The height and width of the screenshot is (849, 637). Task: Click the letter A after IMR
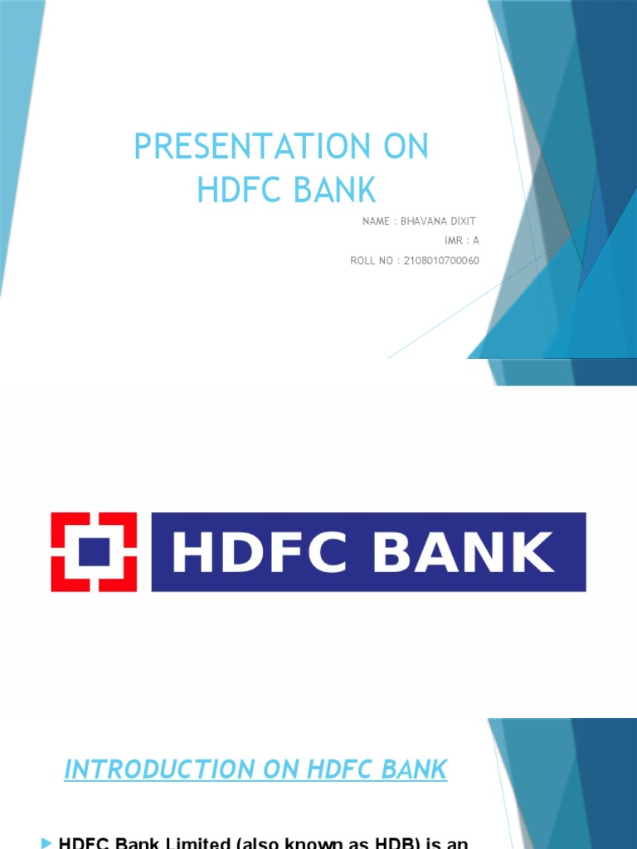click(x=476, y=240)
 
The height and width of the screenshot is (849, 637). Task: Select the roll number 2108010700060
click(x=441, y=260)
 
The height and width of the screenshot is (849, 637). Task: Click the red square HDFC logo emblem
click(x=94, y=551)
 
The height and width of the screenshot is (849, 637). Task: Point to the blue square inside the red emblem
click(x=94, y=551)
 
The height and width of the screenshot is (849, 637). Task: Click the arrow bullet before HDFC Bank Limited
click(x=46, y=842)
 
